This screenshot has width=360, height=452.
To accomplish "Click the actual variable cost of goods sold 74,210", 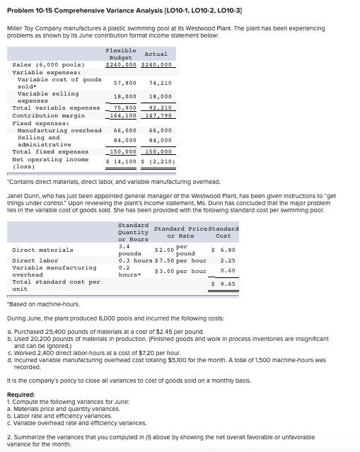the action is pyautogui.click(x=161, y=83).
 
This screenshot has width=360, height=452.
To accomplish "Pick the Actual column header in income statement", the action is pyautogui.click(x=156, y=54).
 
